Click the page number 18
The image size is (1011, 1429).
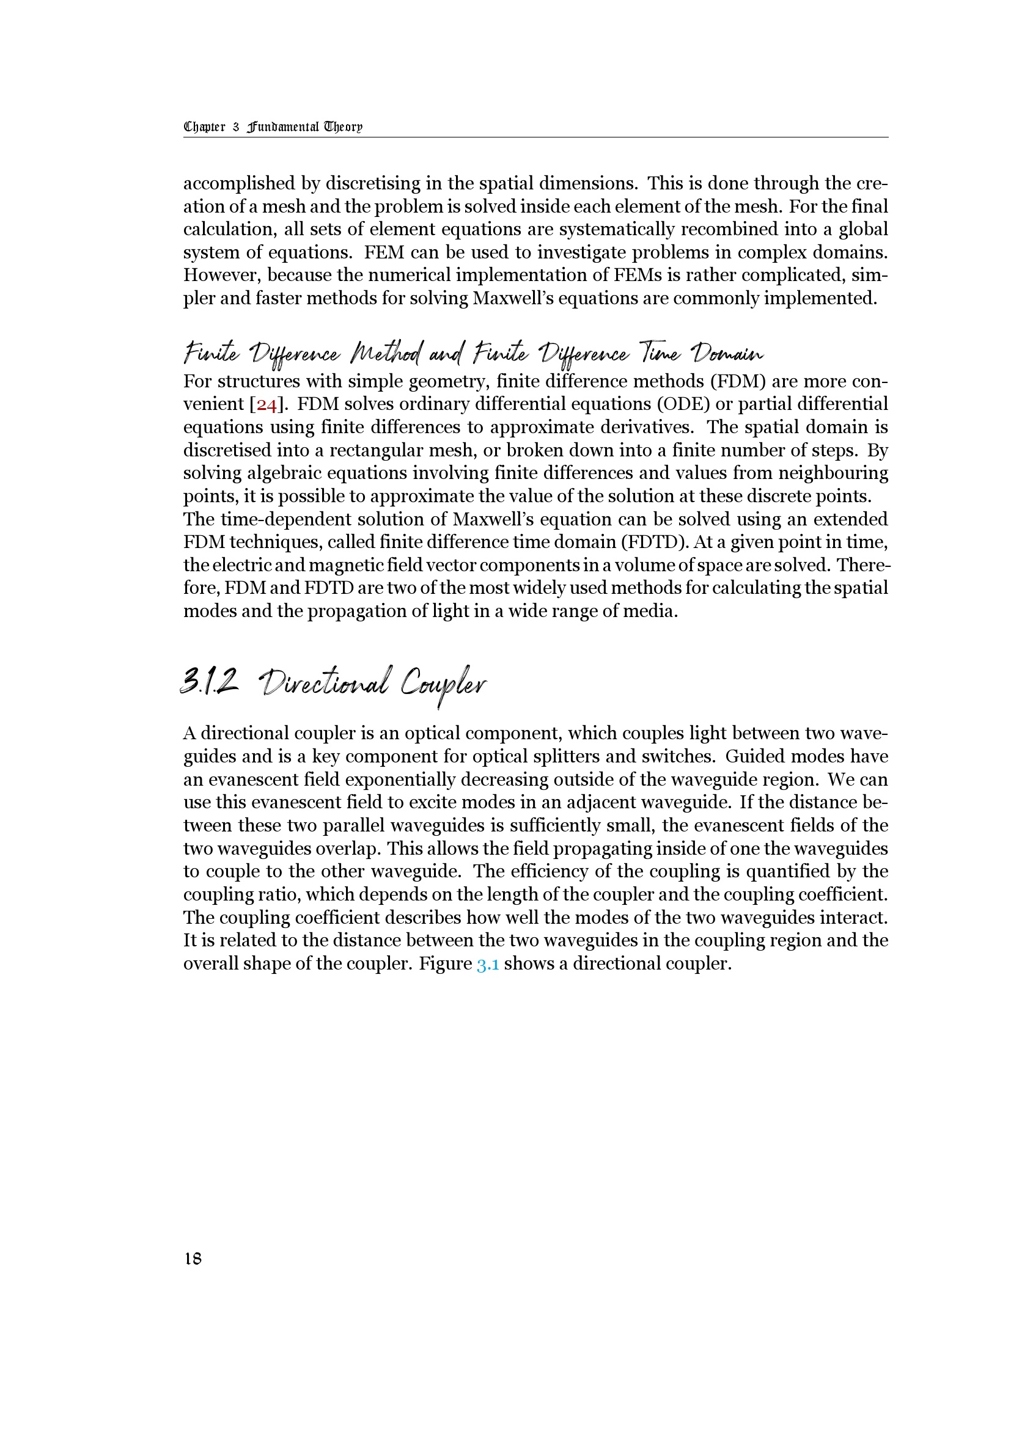tap(193, 1259)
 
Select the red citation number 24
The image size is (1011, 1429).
tap(267, 404)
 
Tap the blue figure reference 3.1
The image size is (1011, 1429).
tap(487, 964)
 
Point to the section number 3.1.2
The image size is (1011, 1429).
tap(209, 683)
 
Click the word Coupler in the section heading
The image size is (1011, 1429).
tap(443, 685)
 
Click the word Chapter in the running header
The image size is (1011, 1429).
tap(204, 127)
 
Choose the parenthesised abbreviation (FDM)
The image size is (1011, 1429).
tap(738, 381)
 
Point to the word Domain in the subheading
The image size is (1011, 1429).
tap(729, 354)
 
